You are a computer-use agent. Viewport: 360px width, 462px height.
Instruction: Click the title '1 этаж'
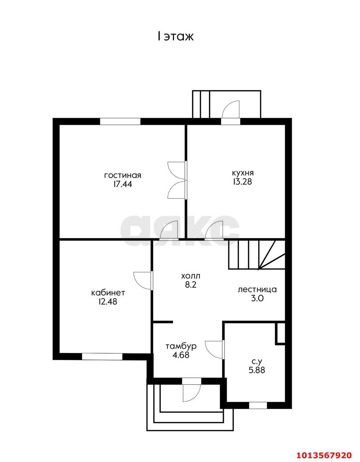pos(175,36)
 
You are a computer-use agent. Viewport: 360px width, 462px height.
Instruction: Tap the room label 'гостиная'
pos(123,175)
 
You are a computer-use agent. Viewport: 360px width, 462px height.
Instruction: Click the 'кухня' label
pos(243,173)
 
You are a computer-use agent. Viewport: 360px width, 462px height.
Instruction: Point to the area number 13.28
pos(243,182)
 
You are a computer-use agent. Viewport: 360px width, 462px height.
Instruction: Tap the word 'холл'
pos(191,276)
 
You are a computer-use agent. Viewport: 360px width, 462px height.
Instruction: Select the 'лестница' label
pos(257,289)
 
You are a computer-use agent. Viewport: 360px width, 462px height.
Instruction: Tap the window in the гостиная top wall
pos(120,121)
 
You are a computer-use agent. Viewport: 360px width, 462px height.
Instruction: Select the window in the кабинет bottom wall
pos(102,357)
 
